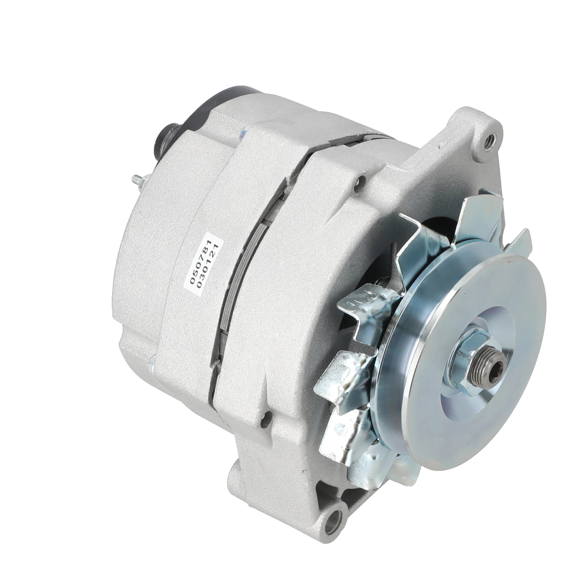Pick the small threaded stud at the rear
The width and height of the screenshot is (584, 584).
click(138, 182)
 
